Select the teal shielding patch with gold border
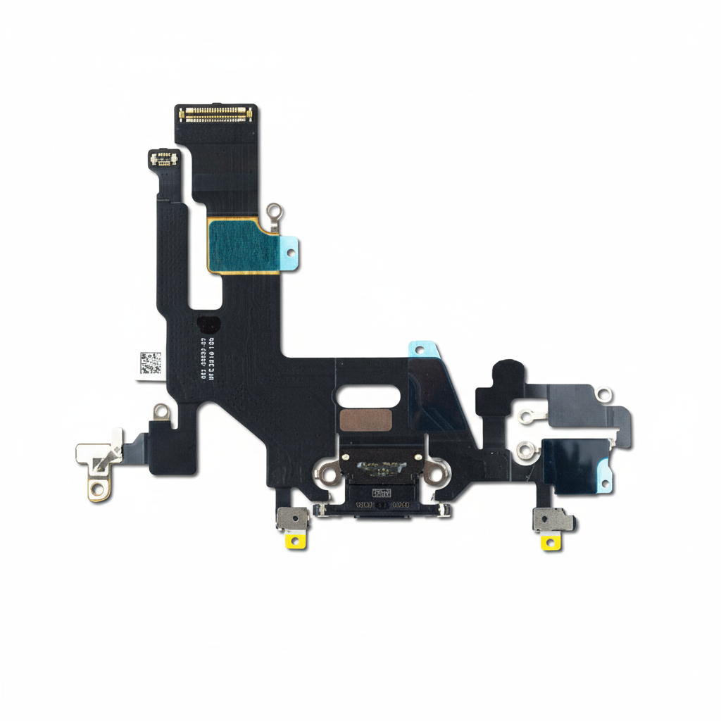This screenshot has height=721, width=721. (x=239, y=244)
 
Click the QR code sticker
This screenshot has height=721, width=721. (x=150, y=363)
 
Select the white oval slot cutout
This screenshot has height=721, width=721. (x=364, y=399)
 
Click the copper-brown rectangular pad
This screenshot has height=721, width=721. (x=365, y=420)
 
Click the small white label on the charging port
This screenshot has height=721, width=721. (x=382, y=493)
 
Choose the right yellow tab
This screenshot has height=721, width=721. (x=551, y=542)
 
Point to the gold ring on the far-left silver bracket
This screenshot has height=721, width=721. (x=99, y=487)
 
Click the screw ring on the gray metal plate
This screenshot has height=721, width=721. (x=603, y=394)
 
